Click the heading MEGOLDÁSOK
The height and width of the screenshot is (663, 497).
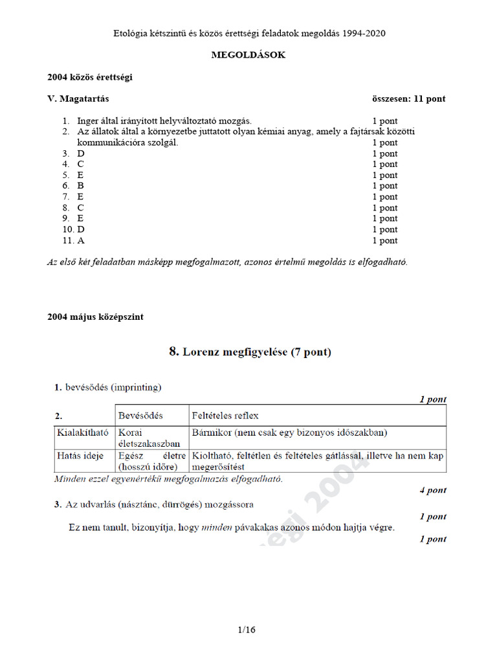coord(248,55)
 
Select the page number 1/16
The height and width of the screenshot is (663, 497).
coord(248,629)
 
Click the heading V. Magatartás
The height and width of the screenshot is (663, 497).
coord(78,99)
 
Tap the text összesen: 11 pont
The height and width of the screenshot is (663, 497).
coord(408,99)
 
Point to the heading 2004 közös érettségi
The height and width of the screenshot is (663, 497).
coord(90,77)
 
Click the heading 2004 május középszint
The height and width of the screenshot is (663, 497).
coord(95,317)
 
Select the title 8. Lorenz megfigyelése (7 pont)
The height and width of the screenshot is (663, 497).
coord(250,352)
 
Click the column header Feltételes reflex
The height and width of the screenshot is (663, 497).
coord(225,415)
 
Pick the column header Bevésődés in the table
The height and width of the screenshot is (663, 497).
coord(140,415)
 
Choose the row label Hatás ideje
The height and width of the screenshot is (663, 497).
coord(80,456)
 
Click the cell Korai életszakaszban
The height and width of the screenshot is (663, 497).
coord(140,438)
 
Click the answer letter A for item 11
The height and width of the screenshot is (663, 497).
coord(81,240)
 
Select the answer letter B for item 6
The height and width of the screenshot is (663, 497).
coord(81,186)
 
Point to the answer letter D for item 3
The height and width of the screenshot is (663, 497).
coord(81,153)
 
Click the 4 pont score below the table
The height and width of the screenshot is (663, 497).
coord(432,490)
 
